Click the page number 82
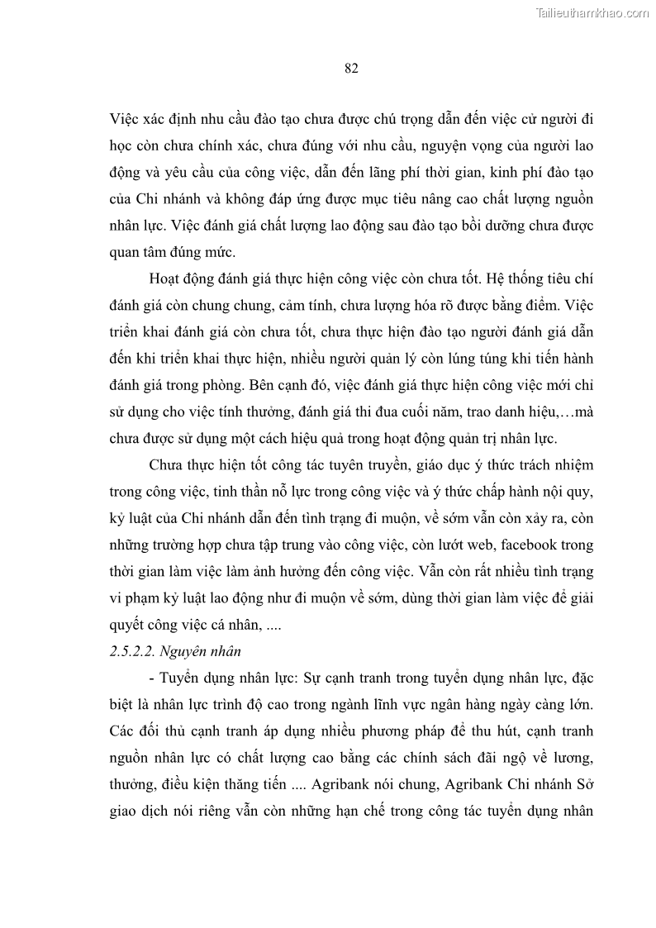(x=350, y=69)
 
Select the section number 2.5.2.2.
(x=137, y=650)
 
